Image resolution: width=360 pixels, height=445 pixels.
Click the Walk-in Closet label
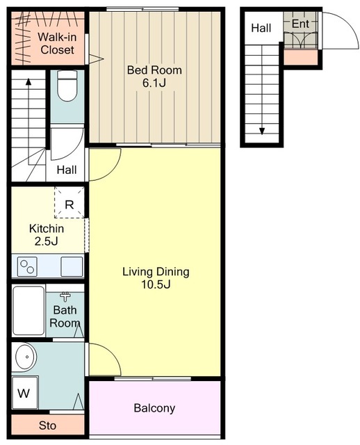click(57, 43)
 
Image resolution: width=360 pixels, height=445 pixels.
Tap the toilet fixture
click(67, 86)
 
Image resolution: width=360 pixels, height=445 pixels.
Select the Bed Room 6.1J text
click(154, 76)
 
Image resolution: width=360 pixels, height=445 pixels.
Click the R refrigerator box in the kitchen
click(69, 202)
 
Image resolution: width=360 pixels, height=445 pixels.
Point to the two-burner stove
click(27, 266)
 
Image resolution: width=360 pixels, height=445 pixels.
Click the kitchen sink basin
click(72, 266)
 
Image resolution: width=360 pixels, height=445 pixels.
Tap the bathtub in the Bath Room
click(28, 311)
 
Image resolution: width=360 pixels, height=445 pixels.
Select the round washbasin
click(26, 357)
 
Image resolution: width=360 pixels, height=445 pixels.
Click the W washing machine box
click(24, 393)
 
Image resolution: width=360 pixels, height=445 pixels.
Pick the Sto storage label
click(47, 426)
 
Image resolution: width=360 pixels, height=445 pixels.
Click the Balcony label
click(154, 408)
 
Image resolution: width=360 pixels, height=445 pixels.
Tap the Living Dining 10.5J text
click(156, 277)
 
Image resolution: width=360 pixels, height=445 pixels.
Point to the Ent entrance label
click(300, 24)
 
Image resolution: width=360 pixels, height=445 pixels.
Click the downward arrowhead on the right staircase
click(262, 131)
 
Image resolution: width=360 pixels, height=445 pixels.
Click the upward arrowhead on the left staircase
click(28, 81)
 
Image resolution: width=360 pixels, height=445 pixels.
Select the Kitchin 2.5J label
click(47, 235)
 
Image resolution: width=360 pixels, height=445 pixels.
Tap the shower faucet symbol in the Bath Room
click(65, 297)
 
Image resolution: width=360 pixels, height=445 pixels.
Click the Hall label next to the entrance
click(261, 28)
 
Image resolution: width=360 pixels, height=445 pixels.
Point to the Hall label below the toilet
click(67, 170)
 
